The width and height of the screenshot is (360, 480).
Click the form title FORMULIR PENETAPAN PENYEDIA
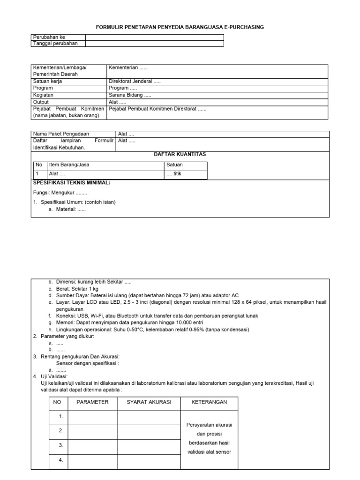point(180,27)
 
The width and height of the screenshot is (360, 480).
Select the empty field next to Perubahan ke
point(154,37)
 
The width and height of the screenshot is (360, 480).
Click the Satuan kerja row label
point(47,81)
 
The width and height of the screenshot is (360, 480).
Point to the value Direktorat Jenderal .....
point(135,81)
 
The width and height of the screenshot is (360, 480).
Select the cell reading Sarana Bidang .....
point(130,95)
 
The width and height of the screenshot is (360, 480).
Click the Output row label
point(41,102)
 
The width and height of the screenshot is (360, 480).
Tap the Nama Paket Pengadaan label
point(61,134)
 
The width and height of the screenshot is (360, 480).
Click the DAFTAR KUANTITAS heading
point(180,154)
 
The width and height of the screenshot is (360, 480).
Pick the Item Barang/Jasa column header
point(68,165)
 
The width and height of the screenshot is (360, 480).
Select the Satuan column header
point(175,165)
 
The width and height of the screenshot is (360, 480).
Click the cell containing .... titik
point(174,173)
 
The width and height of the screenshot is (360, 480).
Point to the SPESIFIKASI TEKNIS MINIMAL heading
point(72,182)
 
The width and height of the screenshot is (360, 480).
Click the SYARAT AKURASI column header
point(149,402)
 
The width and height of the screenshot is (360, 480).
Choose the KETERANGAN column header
point(209,402)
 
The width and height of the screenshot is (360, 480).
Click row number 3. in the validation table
point(60,445)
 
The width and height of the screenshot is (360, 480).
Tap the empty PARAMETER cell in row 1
point(92,416)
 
